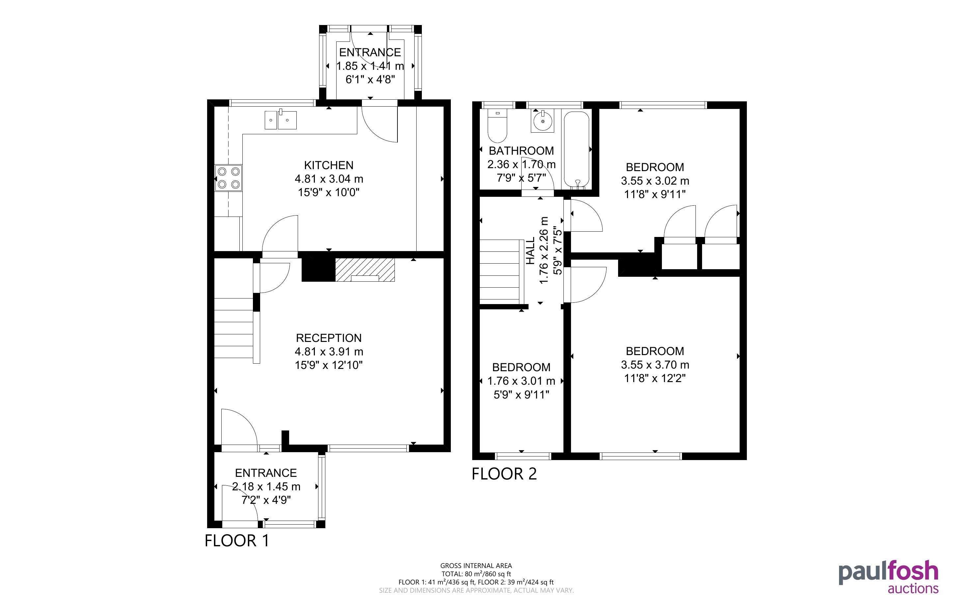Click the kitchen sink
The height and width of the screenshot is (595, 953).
(280, 120)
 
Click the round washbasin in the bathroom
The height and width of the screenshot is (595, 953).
(543, 121)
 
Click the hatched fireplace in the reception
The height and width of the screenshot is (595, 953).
(365, 270)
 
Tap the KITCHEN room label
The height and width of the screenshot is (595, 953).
(329, 165)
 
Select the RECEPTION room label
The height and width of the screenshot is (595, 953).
(329, 338)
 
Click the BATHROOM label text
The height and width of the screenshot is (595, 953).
(521, 151)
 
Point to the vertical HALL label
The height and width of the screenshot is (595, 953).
(531, 251)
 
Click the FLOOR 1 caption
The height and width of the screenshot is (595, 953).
(237, 541)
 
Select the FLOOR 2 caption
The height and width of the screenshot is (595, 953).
(504, 474)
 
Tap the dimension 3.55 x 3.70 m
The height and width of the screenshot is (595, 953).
(655, 365)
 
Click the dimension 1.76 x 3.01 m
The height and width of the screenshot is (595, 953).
(521, 381)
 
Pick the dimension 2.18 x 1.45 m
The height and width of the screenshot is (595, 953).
(266, 487)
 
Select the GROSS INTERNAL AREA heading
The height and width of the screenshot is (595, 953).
(476, 566)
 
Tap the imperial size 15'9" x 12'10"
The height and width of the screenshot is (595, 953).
(329, 365)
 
